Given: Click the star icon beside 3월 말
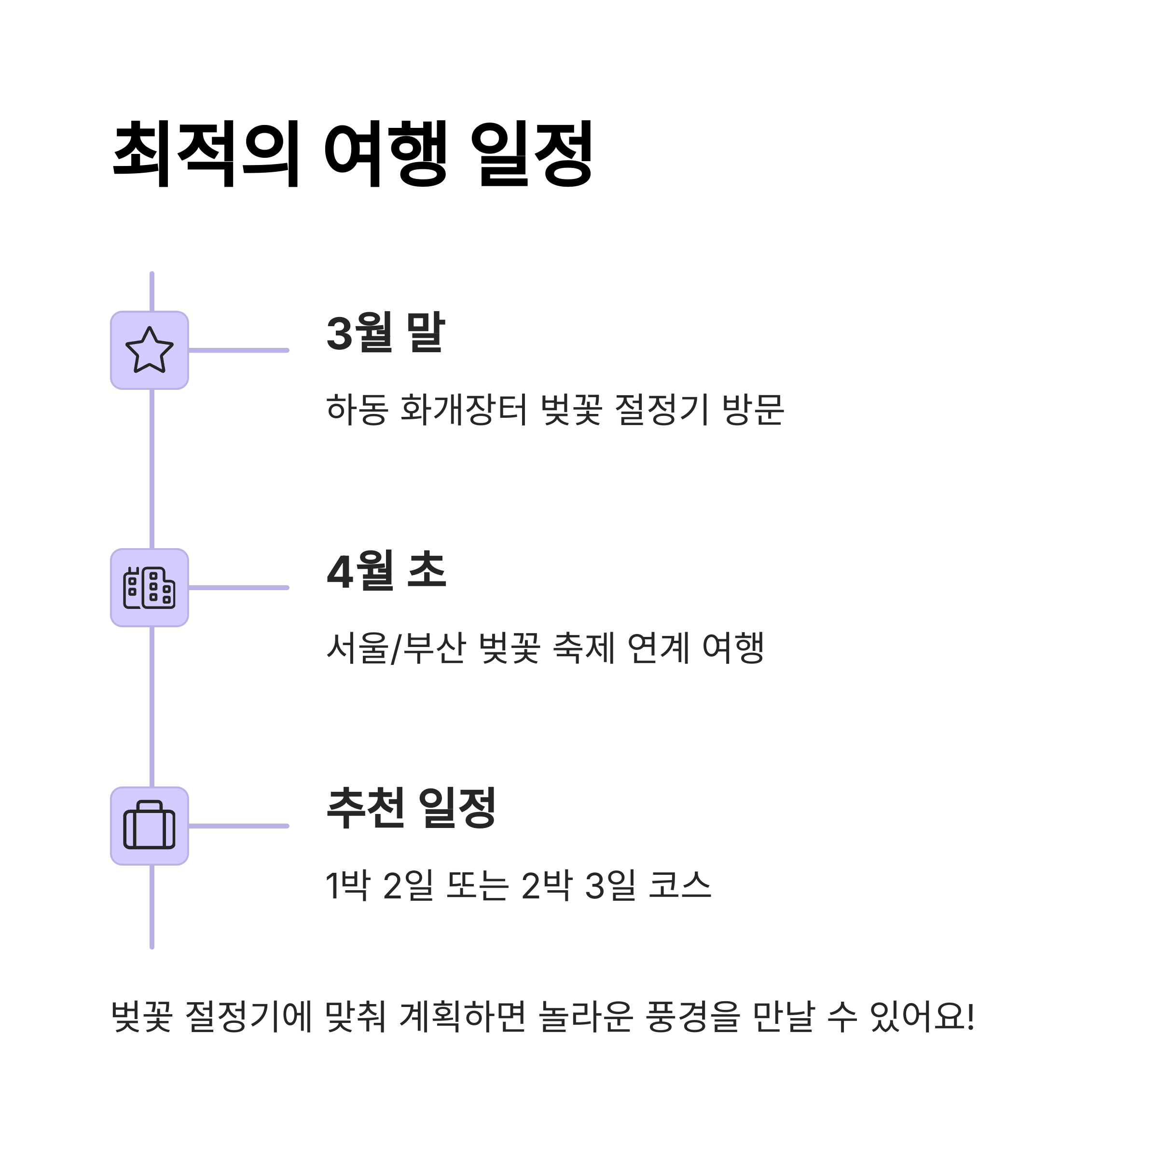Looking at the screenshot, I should pos(149,350).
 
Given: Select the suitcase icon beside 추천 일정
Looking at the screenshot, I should pos(149,826).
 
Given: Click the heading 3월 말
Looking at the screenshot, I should pos(386,332).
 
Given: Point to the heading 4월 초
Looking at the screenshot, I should pos(386,571).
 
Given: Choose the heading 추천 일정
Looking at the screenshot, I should pos(411,809).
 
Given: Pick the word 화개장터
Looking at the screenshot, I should pos(463,409).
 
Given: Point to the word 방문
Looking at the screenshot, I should pos(753,409).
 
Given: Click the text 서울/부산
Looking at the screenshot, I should pos(396,648).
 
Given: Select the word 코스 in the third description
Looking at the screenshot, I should pos(680,885).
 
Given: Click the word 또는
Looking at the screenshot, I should pos(478,885).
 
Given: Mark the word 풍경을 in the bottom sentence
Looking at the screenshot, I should pos(693,1017).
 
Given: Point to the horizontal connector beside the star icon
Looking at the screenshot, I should pos(238,350).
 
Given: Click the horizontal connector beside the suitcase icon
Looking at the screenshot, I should pos(238,826).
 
